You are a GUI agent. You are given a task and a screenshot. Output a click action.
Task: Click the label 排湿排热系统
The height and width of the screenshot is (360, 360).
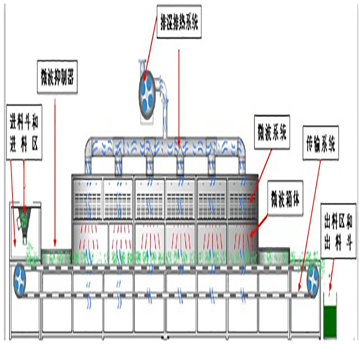click(x=179, y=21)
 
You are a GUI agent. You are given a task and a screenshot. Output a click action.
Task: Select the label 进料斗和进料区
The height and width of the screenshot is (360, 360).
click(x=24, y=133)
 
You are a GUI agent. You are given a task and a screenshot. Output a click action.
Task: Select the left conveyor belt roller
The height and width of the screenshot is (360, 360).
click(x=22, y=278)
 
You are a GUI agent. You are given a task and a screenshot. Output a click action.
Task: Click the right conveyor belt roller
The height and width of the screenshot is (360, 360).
click(x=313, y=277)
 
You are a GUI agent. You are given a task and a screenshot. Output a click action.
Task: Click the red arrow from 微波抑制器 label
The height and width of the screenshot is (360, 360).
click(x=55, y=168)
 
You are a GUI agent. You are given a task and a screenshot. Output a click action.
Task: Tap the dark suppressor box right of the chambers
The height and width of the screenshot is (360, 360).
click(x=274, y=254)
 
